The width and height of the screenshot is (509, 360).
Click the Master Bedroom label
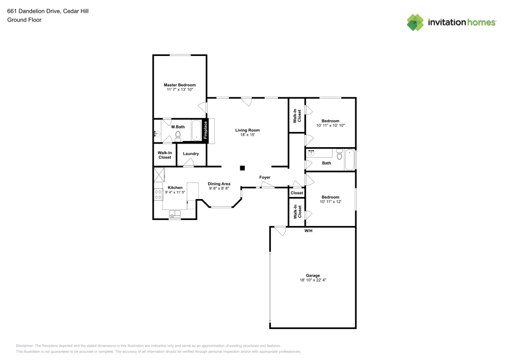click(179, 85)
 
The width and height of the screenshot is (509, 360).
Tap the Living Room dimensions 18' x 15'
click(247, 135)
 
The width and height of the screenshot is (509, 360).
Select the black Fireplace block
click(206, 130)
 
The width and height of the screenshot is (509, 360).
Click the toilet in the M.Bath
click(178, 135)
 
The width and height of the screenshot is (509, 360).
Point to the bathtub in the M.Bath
click(196, 130)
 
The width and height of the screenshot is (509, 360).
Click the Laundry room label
click(191, 154)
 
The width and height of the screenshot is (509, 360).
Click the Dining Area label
click(219, 184)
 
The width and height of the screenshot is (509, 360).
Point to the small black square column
click(243, 168)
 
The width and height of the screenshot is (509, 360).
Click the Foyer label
click(265, 177)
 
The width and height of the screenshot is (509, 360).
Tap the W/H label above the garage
click(308, 231)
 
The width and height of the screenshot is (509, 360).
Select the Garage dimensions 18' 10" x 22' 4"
click(313, 280)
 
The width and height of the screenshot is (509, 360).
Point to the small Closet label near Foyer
click(297, 193)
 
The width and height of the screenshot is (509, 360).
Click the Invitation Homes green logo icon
click(415, 22)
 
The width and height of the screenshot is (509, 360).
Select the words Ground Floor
click(24, 20)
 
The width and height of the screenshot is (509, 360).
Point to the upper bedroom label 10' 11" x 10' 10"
click(330, 125)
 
